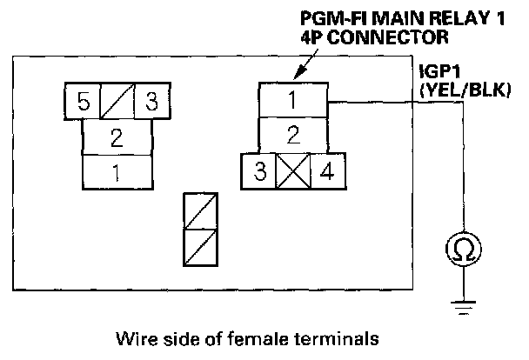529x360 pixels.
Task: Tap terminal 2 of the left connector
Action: tap(117, 137)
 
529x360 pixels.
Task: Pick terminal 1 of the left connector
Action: tap(117, 171)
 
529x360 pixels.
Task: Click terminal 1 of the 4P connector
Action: tap(293, 101)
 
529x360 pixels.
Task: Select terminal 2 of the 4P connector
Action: tap(293, 135)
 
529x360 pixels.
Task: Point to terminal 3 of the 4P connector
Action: tap(259, 170)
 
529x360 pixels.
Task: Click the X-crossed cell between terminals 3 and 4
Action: tap(293, 170)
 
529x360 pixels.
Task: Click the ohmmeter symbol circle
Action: tap(463, 250)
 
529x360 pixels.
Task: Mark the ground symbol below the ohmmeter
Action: tap(463, 303)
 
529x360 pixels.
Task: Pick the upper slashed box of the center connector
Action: tap(201, 210)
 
